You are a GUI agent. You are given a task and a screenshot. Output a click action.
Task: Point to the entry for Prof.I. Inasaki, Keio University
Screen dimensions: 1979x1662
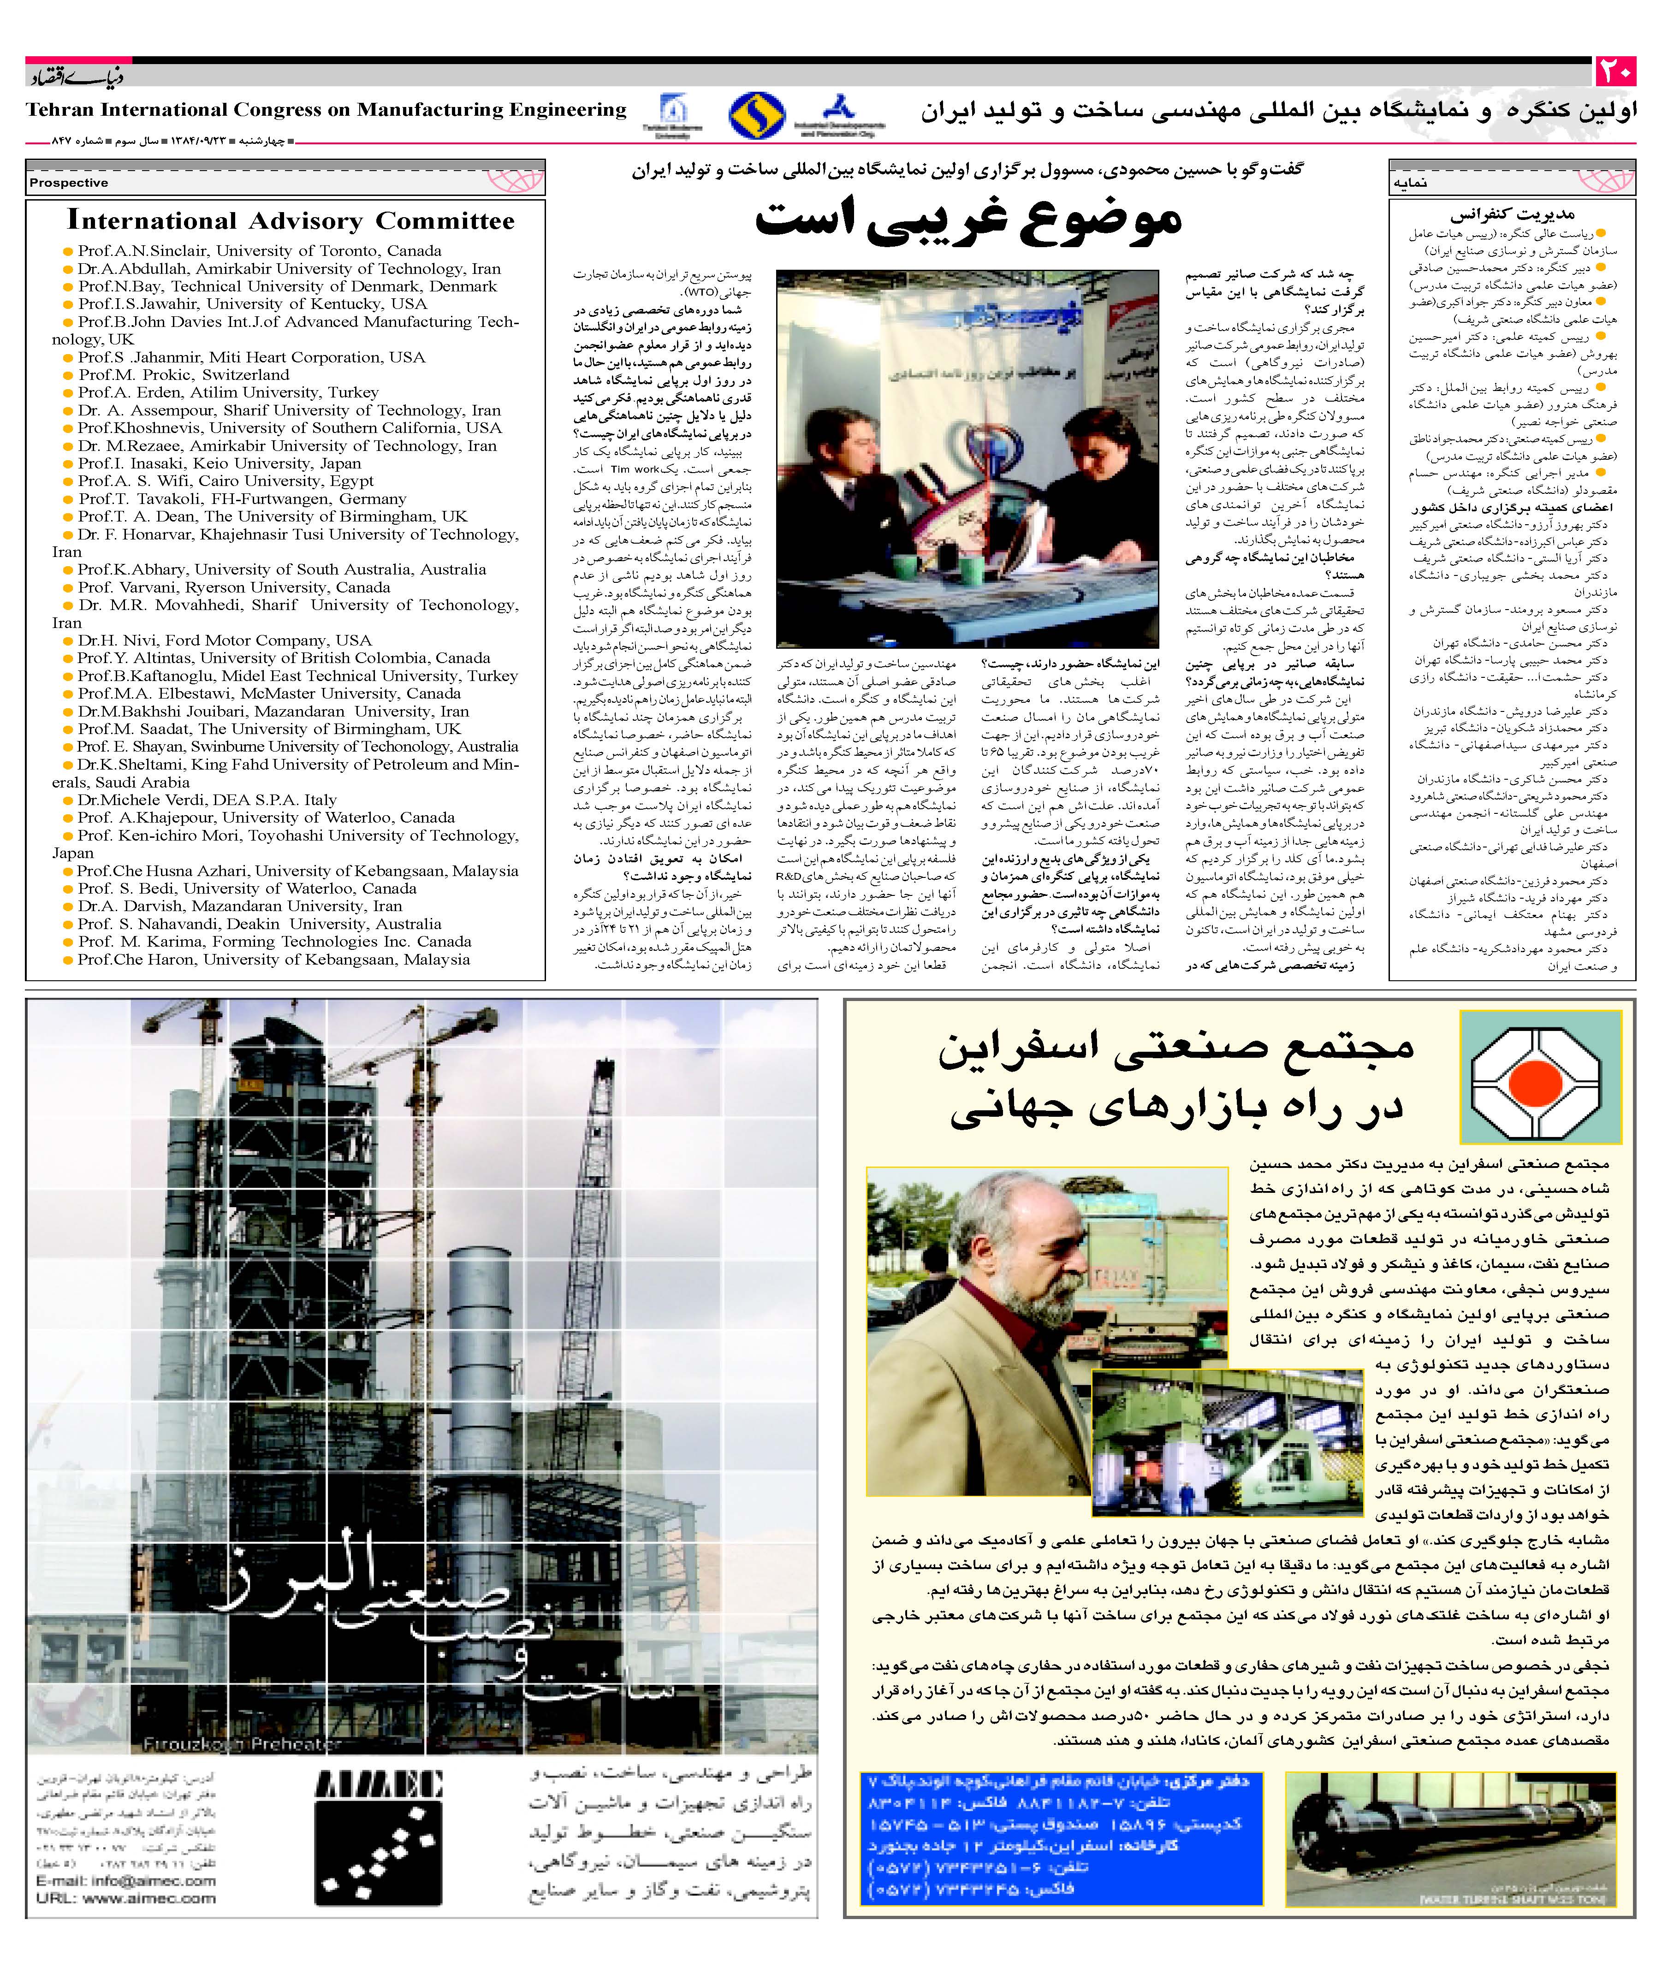[220, 464]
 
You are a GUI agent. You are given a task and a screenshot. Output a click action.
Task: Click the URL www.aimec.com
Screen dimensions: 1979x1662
[125, 1898]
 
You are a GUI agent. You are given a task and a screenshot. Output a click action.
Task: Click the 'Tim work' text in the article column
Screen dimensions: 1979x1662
[635, 468]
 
